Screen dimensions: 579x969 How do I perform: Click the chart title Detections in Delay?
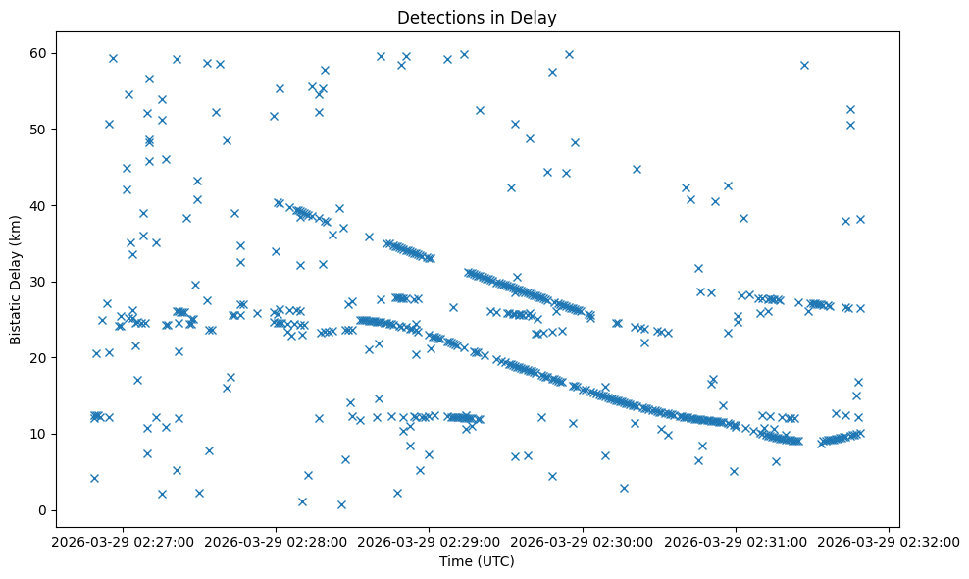(477, 17)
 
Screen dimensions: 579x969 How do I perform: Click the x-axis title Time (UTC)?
(477, 561)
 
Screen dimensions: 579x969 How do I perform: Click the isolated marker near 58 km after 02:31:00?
(804, 65)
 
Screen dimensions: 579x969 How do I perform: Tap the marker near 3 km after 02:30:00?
(624, 488)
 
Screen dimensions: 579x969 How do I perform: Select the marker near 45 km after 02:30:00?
(637, 169)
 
